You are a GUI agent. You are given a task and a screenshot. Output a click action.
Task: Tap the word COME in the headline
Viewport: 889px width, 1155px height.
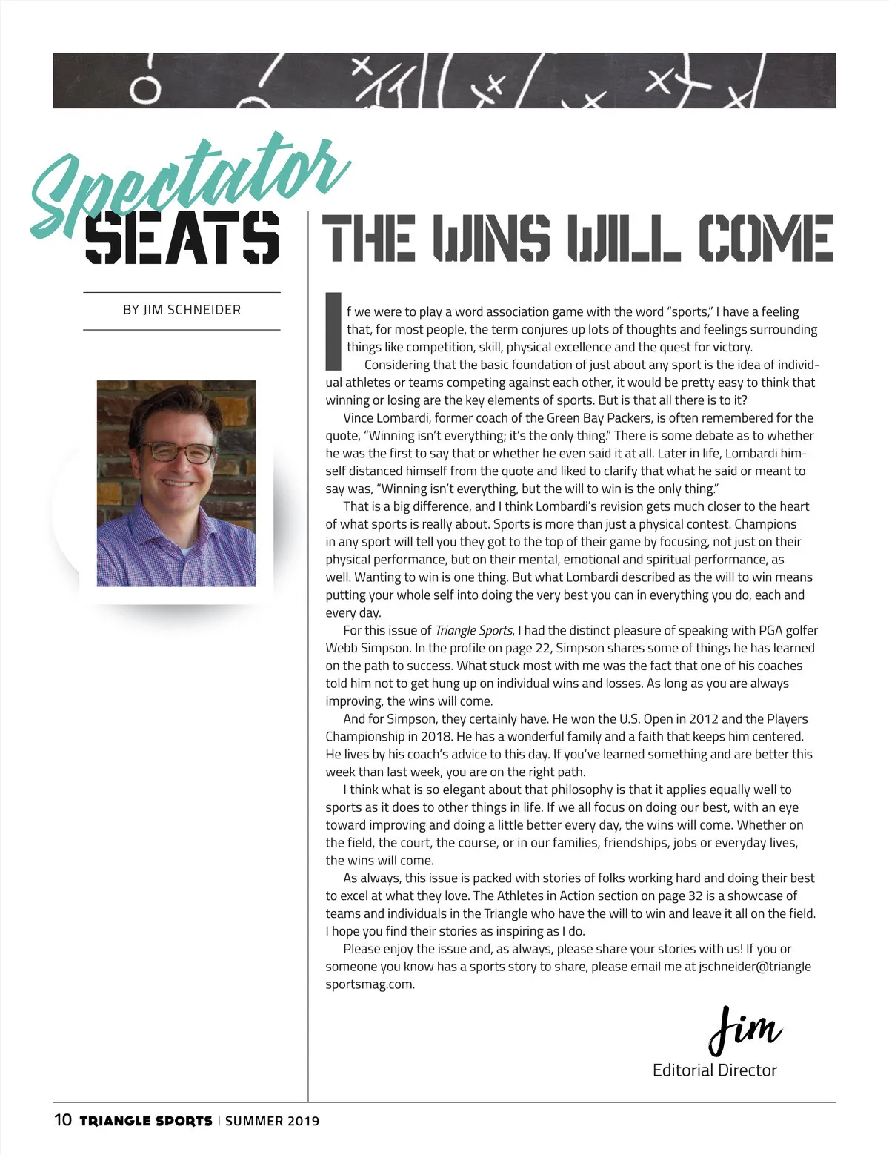tap(765, 238)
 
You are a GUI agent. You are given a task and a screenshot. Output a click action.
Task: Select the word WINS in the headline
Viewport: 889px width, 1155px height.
tap(491, 238)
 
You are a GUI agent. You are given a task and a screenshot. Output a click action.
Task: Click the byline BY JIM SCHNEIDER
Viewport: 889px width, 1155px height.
tap(182, 310)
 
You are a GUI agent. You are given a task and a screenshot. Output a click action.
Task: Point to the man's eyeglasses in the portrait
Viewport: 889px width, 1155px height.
tap(176, 451)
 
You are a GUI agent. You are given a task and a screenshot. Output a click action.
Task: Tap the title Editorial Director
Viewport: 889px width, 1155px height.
tap(714, 1070)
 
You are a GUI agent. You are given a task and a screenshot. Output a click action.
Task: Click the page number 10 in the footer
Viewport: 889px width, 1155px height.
tap(63, 1119)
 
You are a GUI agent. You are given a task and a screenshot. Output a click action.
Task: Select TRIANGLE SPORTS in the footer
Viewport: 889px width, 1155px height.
tap(146, 1121)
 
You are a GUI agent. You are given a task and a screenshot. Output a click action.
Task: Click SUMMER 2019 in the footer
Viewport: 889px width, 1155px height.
tap(272, 1121)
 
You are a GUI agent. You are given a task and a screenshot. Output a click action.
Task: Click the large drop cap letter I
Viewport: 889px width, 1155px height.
tap(333, 331)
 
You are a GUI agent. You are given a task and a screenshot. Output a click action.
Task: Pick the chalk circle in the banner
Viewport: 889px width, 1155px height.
tap(146, 90)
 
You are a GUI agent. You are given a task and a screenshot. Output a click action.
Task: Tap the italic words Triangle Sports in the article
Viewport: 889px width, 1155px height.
tap(473, 631)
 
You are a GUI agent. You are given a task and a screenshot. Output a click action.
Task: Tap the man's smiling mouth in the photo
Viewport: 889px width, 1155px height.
tap(178, 483)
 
